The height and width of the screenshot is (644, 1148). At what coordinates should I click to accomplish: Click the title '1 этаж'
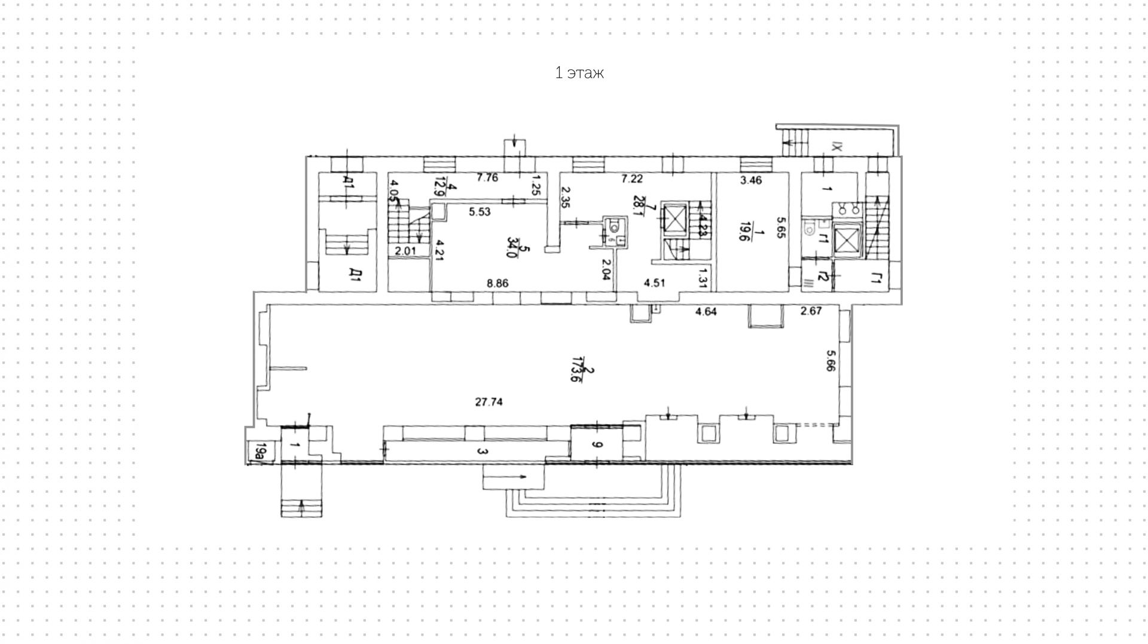click(579, 73)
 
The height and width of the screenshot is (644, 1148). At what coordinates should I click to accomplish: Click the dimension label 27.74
click(488, 402)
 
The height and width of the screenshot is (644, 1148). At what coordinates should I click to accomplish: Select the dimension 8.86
click(497, 283)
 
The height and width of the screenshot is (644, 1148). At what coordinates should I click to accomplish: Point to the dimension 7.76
click(487, 177)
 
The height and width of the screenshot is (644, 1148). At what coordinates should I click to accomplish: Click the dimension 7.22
click(632, 178)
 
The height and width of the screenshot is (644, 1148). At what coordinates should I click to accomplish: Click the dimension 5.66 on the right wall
click(830, 361)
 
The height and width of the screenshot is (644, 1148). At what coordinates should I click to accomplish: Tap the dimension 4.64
click(706, 311)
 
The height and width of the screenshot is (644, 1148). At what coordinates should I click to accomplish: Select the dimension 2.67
click(811, 311)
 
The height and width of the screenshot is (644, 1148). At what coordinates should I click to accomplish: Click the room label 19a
click(260, 452)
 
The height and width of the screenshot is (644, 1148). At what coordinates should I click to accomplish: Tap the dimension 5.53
click(480, 211)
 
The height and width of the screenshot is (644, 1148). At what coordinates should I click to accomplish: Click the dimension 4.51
click(654, 283)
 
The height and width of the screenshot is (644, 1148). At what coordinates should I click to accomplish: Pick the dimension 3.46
click(750, 180)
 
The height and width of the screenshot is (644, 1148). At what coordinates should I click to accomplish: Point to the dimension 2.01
click(405, 251)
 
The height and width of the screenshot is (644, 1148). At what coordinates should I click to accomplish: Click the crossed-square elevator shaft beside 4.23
click(674, 217)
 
